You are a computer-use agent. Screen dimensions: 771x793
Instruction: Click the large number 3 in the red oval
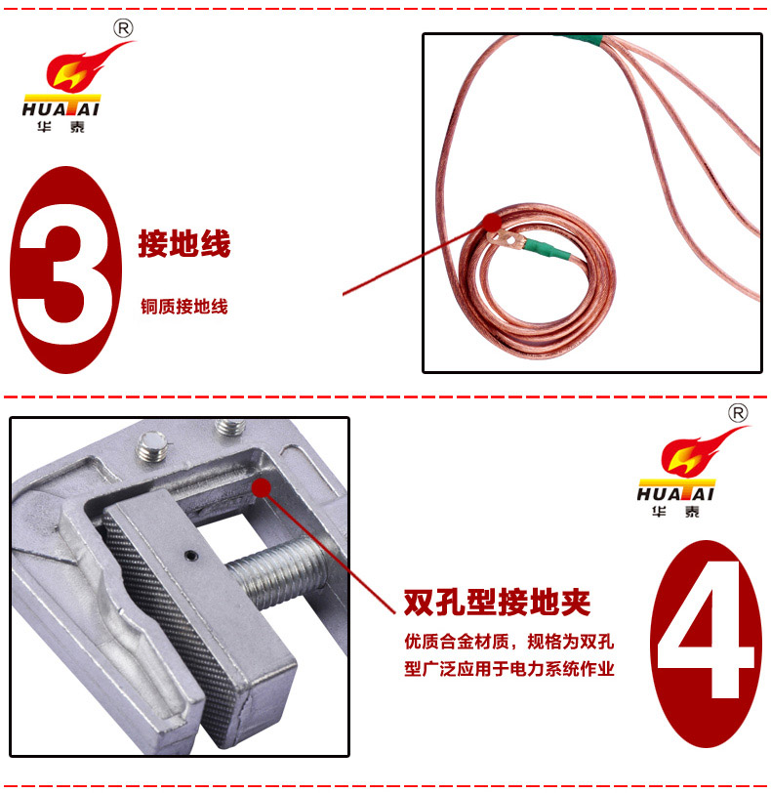point(65,271)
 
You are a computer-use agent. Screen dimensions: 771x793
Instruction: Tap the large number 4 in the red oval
point(706,639)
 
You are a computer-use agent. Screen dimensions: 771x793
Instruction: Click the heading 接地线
point(184,243)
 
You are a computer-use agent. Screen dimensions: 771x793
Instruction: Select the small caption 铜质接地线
point(184,307)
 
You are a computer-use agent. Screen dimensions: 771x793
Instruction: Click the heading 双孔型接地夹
point(497,602)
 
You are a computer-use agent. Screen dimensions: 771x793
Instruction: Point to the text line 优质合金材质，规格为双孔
point(508,642)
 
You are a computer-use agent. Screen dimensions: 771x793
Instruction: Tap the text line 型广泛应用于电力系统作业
point(508,669)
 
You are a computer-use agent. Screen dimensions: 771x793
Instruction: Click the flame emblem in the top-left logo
point(86,67)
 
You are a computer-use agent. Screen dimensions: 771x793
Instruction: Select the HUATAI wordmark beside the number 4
point(675,493)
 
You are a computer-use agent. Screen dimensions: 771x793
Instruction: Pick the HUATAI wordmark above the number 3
point(61,108)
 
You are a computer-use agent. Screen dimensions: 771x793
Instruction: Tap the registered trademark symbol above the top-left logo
point(123,28)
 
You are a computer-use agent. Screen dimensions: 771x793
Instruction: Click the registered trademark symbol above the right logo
point(738,413)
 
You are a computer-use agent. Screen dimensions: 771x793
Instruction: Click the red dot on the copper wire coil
point(492,222)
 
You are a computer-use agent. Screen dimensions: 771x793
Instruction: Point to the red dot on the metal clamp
point(262,487)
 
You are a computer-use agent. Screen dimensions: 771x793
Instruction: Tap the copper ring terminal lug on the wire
point(506,239)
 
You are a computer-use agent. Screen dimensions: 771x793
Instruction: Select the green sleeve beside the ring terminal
point(547,250)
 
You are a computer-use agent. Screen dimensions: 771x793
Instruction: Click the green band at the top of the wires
point(581,39)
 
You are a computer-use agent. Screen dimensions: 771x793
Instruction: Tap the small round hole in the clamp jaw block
point(190,556)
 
